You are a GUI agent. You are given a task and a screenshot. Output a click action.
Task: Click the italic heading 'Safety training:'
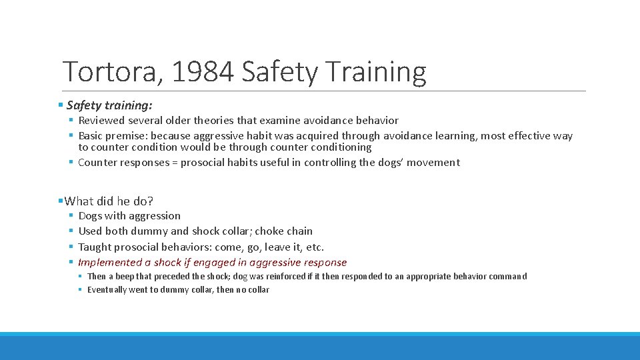point(109,105)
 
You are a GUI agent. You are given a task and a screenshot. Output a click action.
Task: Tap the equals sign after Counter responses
point(174,163)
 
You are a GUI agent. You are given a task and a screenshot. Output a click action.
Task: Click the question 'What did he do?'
point(109,201)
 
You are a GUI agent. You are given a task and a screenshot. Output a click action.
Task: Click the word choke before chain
point(269,231)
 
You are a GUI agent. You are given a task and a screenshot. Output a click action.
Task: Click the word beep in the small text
point(125,277)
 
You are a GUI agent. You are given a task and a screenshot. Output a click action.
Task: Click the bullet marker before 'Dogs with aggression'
point(70,216)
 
